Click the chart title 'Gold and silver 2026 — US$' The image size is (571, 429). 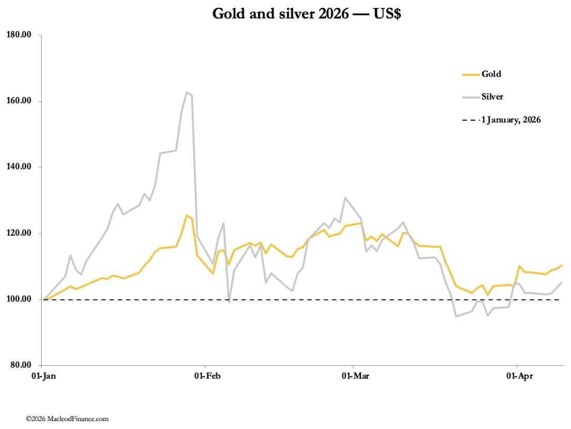(307, 14)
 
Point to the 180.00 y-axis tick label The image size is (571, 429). (19, 35)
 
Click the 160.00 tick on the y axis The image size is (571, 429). (19, 101)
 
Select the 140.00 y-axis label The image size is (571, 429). (19, 167)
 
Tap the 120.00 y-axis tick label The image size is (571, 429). (19, 233)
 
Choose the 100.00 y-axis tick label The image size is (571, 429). (19, 299)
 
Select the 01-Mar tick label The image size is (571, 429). (353, 376)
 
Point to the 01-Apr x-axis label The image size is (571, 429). (517, 376)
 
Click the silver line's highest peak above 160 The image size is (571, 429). (187, 92)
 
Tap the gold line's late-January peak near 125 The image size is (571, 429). (186, 215)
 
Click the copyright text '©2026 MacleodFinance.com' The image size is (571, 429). (67, 419)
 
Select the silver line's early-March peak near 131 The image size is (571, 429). (344, 198)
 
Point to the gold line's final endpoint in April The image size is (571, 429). (562, 266)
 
